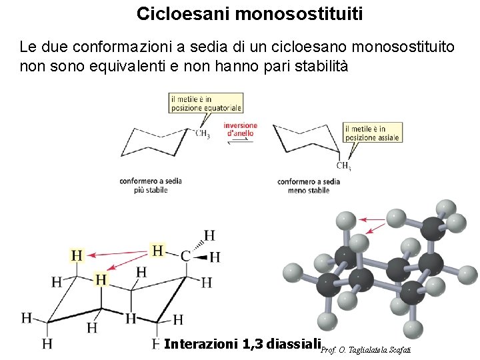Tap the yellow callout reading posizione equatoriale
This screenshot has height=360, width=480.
click(x=205, y=103)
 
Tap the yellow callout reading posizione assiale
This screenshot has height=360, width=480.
click(x=372, y=133)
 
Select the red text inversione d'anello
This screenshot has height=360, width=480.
click(x=240, y=129)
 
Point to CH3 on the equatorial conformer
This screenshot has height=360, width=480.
click(x=203, y=135)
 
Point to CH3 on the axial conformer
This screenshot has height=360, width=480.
click(x=343, y=166)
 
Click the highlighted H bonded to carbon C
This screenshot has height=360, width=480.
click(x=157, y=251)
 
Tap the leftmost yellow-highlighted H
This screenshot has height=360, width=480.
click(x=77, y=255)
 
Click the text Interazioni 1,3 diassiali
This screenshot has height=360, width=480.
click(x=241, y=344)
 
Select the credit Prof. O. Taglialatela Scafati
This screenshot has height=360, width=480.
click(x=366, y=349)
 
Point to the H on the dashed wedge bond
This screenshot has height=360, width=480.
click(x=209, y=235)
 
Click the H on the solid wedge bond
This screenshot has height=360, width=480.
click(x=215, y=257)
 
